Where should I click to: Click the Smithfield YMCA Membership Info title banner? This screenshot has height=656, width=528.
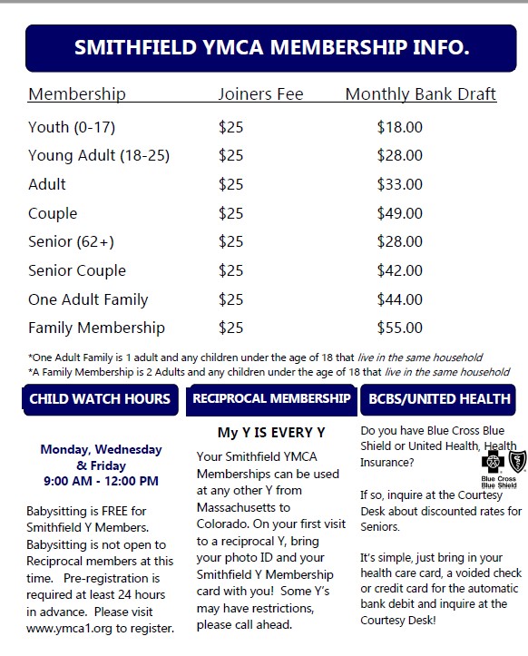coord(271,47)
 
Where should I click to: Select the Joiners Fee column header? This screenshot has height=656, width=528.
coord(260,94)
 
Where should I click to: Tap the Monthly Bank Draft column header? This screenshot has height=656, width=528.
coord(421,94)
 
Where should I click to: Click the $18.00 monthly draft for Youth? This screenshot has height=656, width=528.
coord(400,127)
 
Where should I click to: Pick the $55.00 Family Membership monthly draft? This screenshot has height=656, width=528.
coord(400,328)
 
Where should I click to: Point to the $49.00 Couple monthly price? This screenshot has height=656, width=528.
coord(400,213)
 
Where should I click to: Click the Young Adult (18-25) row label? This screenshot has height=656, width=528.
coord(99,155)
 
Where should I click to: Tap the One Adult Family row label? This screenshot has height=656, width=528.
coord(88,299)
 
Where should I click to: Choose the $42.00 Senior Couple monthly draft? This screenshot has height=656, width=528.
coord(400,270)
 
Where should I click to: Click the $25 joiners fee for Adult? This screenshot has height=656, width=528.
coord(231,184)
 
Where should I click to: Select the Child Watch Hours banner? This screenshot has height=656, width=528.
coord(100,398)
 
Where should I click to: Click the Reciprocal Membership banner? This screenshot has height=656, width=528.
coord(272,398)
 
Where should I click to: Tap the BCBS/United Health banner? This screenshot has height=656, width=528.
coord(438,398)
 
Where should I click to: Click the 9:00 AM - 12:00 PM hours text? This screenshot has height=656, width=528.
coord(101,480)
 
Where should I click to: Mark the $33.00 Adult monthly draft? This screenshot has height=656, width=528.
coord(400,184)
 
